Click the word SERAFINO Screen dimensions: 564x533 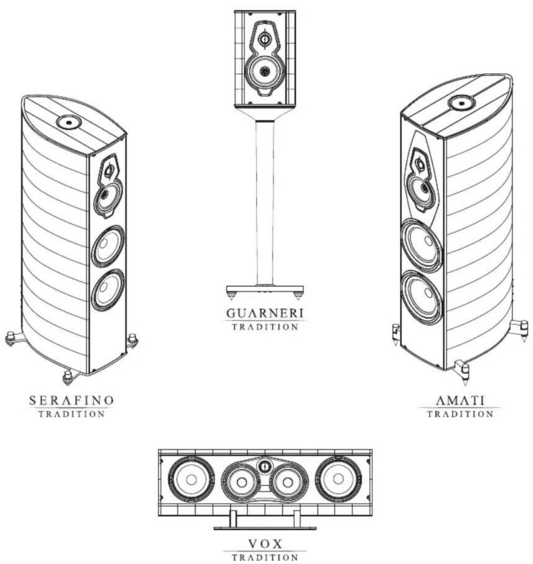click(71, 400)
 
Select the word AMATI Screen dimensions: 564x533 click(460, 400)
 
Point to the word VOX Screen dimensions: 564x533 click(265, 544)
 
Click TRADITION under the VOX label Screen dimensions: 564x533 click(265, 557)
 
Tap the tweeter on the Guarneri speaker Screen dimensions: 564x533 click(264, 39)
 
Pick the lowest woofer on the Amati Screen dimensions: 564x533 click(422, 298)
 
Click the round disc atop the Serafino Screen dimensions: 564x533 click(68, 122)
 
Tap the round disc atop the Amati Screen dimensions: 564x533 click(460, 102)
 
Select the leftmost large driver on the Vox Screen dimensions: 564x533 click(191, 480)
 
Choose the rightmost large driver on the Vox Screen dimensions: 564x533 click(338, 480)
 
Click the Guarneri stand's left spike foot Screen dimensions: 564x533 click(231, 295)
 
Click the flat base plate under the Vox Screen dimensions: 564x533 click(265, 527)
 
